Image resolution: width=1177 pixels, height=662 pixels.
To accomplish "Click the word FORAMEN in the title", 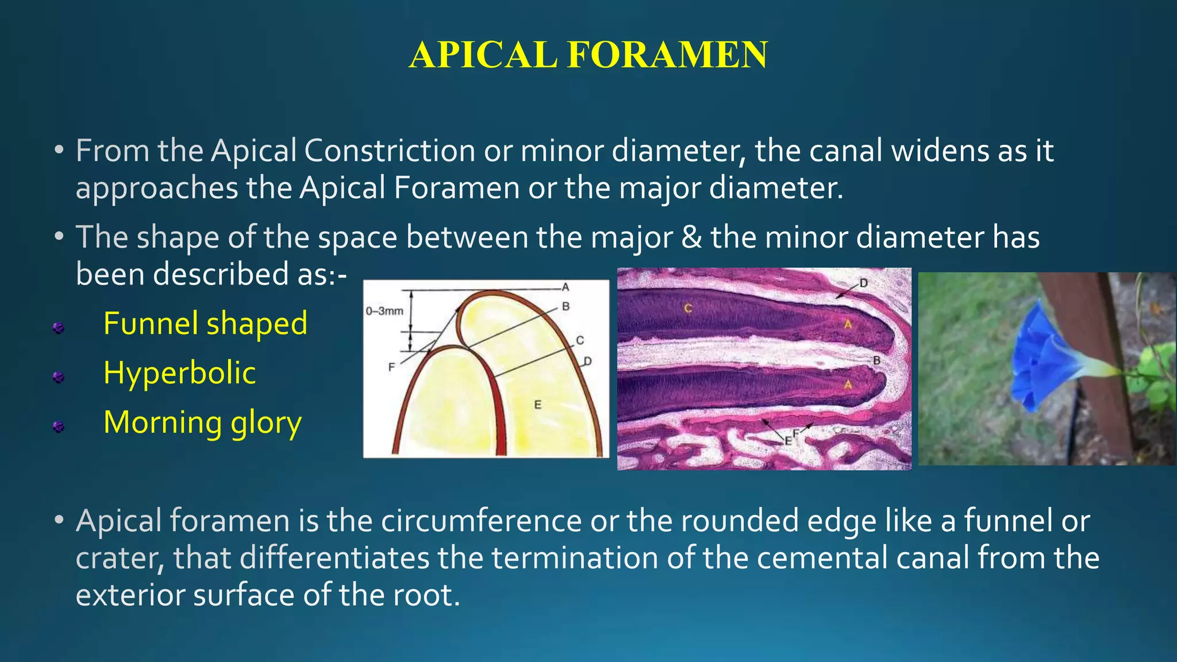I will [667, 55].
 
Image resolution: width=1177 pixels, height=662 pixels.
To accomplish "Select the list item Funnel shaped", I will [205, 323].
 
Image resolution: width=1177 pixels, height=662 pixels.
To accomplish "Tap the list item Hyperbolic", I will [179, 373].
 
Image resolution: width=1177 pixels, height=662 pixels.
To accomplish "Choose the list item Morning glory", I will [202, 422].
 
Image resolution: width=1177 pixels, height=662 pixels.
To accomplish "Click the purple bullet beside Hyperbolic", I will [58, 378].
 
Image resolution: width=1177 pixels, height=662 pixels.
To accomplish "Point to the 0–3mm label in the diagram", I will [384, 311].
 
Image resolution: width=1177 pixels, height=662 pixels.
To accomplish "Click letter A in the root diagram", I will [566, 287].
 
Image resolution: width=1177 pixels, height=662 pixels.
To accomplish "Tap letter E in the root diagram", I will [538, 405].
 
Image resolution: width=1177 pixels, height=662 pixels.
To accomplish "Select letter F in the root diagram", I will [391, 367].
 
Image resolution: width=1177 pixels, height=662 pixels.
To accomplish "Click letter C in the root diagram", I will [580, 340].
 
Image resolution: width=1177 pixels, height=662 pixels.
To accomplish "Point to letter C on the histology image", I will [688, 309].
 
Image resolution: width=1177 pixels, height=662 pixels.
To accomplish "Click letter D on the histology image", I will [863, 283].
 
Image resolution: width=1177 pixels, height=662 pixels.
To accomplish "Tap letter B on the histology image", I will [876, 361].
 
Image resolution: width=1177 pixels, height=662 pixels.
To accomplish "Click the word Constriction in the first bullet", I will [389, 151].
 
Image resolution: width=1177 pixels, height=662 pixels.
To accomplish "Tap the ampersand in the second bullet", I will [691, 237].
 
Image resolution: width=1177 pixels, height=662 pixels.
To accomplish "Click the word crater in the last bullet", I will [118, 558].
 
